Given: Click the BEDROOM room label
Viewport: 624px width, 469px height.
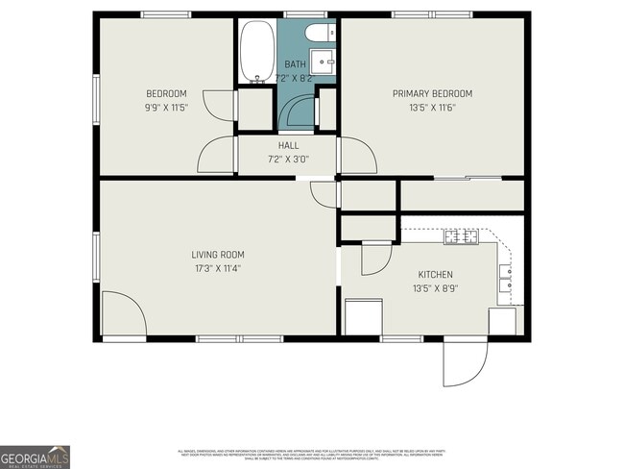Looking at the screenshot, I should pyautogui.click(x=165, y=93).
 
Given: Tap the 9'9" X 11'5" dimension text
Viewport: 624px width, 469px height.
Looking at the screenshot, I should pyautogui.click(x=165, y=108).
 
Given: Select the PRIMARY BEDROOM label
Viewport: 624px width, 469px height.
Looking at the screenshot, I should pyautogui.click(x=432, y=93).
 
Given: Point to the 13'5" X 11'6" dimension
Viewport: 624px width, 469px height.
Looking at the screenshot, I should pyautogui.click(x=432, y=108).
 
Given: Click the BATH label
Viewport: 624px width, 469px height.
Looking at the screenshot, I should pyautogui.click(x=294, y=63).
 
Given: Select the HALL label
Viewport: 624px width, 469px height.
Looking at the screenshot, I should pyautogui.click(x=288, y=145).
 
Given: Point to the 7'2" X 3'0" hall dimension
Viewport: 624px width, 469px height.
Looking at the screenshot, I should pyautogui.click(x=288, y=159).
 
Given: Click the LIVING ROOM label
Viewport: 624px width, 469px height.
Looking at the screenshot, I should pyautogui.click(x=218, y=255).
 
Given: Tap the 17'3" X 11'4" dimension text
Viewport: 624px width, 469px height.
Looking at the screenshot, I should pyautogui.click(x=218, y=268).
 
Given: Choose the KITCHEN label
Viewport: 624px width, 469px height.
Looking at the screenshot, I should pyautogui.click(x=434, y=274).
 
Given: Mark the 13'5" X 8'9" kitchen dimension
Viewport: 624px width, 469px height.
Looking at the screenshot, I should pyautogui.click(x=434, y=287).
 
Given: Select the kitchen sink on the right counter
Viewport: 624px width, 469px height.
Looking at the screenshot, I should pyautogui.click(x=505, y=279).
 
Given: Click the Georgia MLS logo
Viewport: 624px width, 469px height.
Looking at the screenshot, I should pyautogui.click(x=35, y=457).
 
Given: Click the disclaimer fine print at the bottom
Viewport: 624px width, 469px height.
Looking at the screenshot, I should pyautogui.click(x=312, y=454).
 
